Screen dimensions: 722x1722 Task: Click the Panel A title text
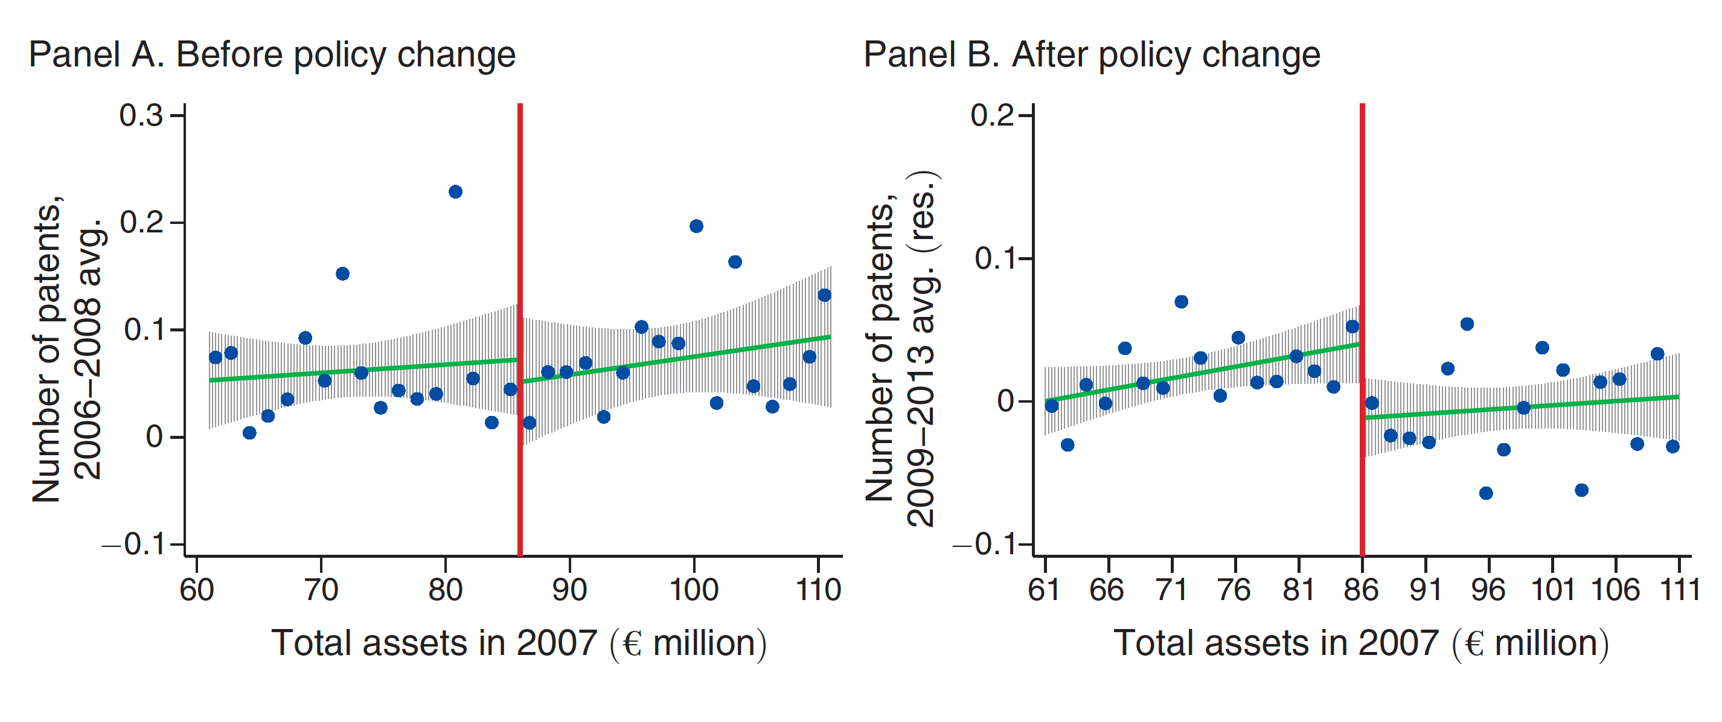click(x=272, y=55)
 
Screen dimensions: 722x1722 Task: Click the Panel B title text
click(x=1092, y=55)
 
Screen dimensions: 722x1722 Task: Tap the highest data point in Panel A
click(x=455, y=192)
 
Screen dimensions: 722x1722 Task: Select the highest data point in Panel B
click(x=1181, y=301)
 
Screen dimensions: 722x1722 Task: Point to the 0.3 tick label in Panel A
click(x=141, y=116)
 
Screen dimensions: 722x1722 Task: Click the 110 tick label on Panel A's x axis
click(x=818, y=590)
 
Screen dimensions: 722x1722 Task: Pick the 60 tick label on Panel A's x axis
click(x=197, y=590)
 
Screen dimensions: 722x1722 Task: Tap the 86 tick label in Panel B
click(x=1362, y=590)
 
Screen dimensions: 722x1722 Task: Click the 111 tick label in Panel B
click(x=1680, y=590)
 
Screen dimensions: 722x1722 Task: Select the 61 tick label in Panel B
click(x=1044, y=590)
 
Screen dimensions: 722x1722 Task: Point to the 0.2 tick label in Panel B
click(x=992, y=116)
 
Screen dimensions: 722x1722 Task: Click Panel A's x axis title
click(x=519, y=644)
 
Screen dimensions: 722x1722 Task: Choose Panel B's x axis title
click(x=1361, y=644)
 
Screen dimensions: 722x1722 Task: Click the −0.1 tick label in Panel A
click(x=133, y=546)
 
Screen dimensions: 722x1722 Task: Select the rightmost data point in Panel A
click(x=824, y=295)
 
